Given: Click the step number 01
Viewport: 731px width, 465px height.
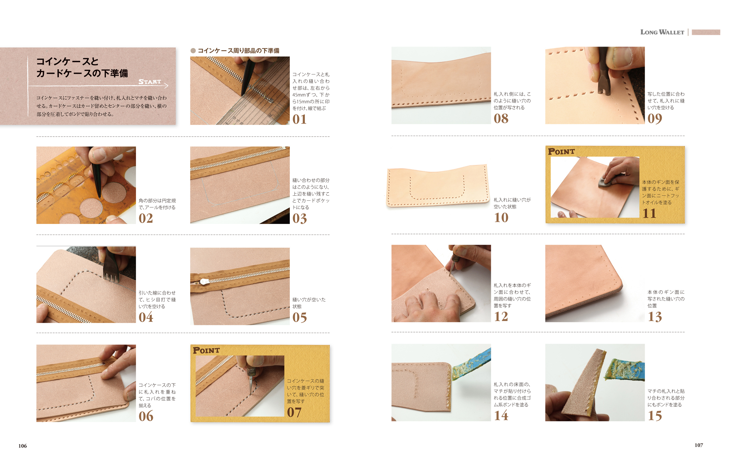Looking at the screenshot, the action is click(299, 119).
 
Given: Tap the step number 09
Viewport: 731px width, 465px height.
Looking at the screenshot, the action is click(654, 119).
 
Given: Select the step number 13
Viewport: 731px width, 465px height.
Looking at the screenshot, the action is click(655, 316).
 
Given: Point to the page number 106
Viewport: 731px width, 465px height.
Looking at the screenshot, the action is click(23, 446).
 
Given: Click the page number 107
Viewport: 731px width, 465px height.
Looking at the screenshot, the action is click(699, 445).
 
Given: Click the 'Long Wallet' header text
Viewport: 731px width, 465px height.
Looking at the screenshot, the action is click(662, 32).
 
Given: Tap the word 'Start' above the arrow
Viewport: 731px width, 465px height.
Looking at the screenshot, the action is click(150, 82).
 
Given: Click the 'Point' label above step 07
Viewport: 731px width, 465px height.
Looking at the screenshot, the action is click(206, 350).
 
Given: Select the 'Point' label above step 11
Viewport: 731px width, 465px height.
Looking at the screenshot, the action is click(561, 151).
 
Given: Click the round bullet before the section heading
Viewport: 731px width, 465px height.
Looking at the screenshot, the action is click(193, 51).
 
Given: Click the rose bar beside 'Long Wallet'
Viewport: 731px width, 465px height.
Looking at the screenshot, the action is click(706, 32).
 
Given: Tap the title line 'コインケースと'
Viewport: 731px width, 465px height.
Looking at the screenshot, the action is click(67, 61).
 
